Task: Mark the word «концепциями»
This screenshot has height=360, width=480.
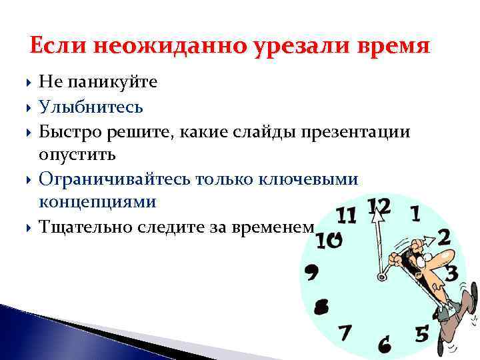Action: point(98,203)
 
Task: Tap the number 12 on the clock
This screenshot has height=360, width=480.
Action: point(378,206)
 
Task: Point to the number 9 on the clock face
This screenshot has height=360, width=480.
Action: point(311,271)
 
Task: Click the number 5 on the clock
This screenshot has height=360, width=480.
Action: point(421,333)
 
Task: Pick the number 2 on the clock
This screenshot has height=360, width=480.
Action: point(444,237)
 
